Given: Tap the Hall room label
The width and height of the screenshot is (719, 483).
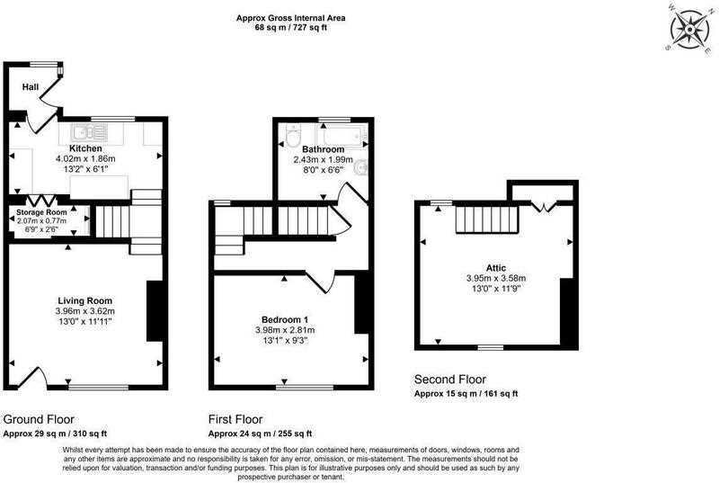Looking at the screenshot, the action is click(31, 86).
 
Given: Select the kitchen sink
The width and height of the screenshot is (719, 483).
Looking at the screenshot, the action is click(89, 133).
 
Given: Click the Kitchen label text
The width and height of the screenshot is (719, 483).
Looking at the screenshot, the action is click(85, 148).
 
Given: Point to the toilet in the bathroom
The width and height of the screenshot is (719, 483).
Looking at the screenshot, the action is click(293, 135).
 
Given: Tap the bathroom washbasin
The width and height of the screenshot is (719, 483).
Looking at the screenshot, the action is click(361, 167).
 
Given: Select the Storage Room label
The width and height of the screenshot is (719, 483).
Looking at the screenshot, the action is click(41, 212).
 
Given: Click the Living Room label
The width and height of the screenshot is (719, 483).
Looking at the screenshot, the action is click(84, 301).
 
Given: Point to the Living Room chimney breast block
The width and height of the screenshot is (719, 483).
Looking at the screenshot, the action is click(155, 311).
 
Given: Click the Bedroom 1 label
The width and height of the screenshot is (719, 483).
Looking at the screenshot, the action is click(285, 319).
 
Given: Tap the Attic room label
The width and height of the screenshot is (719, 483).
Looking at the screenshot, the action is click(496, 268).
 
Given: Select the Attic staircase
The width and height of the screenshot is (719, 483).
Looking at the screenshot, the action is click(486, 219).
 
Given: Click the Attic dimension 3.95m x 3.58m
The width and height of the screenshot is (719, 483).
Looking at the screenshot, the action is click(496, 278).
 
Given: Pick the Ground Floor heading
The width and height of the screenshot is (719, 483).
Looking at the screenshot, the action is click(39, 419).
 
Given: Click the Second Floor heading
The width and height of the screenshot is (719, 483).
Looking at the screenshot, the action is click(450, 380).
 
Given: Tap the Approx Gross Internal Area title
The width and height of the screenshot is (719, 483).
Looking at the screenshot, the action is click(290, 18).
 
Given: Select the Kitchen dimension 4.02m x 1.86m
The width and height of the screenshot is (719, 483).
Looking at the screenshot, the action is click(85, 159).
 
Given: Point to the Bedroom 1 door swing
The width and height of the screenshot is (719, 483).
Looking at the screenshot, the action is click(321, 282).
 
